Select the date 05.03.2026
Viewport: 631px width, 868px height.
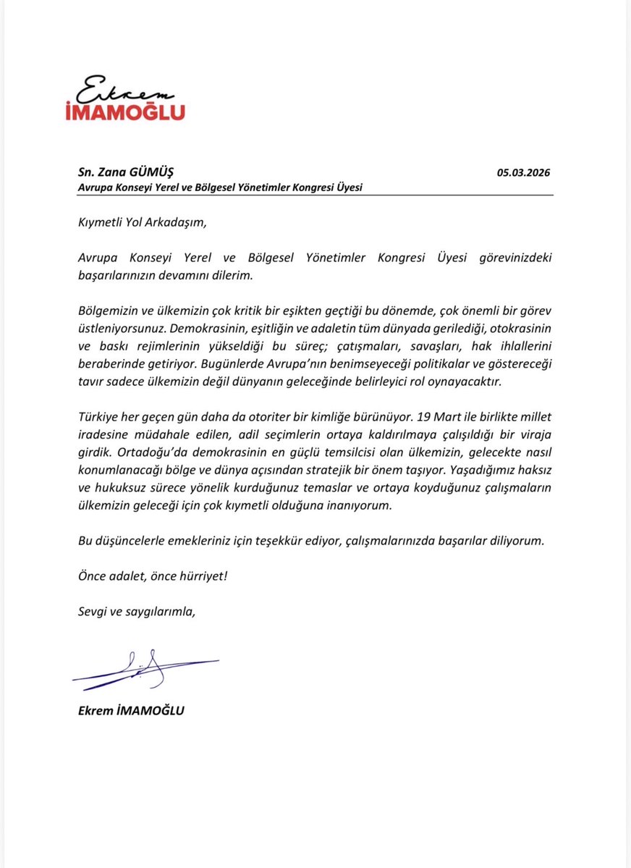pyautogui.click(x=523, y=172)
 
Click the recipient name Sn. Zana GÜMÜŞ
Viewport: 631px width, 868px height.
pyautogui.click(x=126, y=172)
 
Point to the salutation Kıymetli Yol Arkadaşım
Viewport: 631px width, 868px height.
pyautogui.click(x=142, y=222)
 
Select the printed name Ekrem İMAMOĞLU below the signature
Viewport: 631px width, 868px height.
pyautogui.click(x=131, y=710)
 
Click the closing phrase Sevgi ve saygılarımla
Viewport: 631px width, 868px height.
pyautogui.click(x=137, y=611)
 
